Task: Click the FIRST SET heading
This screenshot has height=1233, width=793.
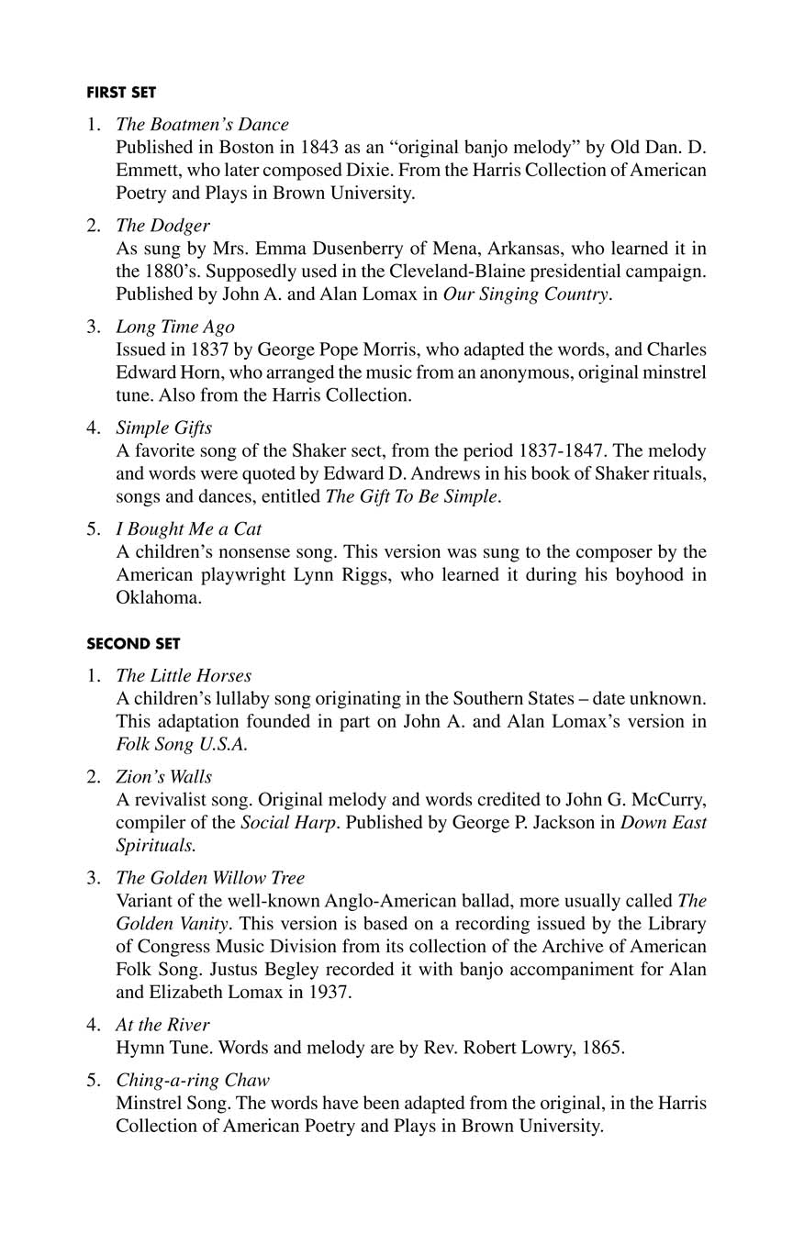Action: point(121,93)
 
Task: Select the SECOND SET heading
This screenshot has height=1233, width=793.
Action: point(133,644)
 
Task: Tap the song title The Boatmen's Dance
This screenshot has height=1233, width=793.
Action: point(202,125)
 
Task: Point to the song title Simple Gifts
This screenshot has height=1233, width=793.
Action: point(163,428)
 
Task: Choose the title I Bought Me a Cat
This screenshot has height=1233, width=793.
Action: point(188,529)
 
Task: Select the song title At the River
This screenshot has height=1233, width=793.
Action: point(162,1025)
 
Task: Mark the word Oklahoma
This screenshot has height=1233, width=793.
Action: point(158,597)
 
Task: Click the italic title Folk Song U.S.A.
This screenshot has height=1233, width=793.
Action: point(181,744)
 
